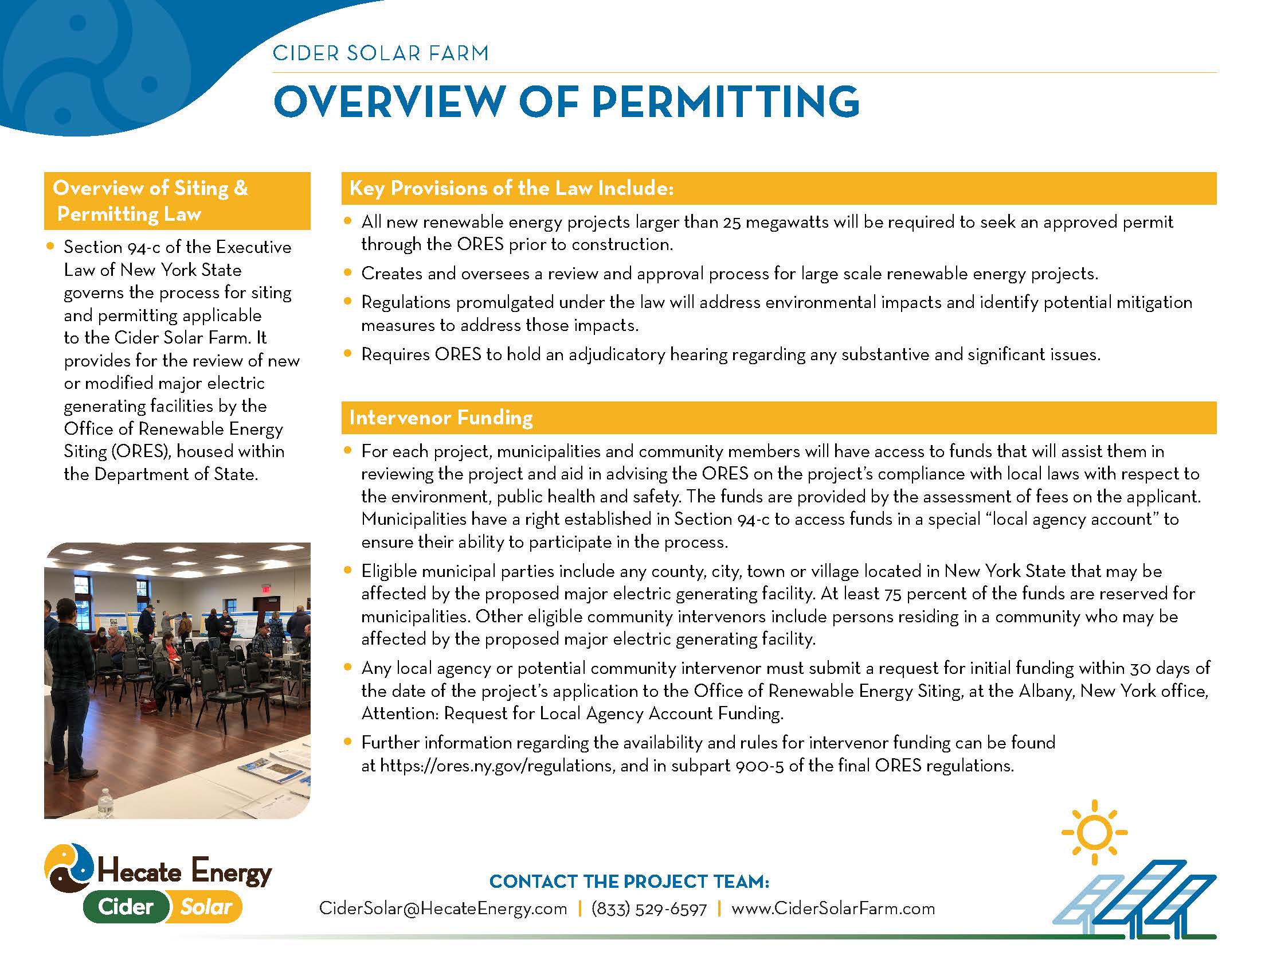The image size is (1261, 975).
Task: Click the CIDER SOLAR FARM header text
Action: click(x=381, y=53)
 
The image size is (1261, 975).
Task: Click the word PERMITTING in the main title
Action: click(x=725, y=102)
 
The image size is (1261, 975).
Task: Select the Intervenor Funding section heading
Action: click(x=441, y=418)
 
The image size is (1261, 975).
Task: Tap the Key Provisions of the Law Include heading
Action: click(x=511, y=188)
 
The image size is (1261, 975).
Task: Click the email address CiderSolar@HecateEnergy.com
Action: click(x=443, y=908)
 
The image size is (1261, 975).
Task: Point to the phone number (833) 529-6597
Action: click(x=649, y=909)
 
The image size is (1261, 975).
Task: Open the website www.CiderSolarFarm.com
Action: click(x=833, y=908)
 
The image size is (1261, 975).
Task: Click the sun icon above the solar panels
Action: click(x=1094, y=832)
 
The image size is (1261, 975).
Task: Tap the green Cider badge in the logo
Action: click(x=126, y=907)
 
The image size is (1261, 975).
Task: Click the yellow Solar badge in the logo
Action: click(x=206, y=907)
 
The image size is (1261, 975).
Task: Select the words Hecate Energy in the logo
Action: click(x=183, y=872)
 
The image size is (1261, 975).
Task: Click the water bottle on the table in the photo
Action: click(x=104, y=802)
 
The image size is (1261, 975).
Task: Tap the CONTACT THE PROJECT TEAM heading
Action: click(x=629, y=882)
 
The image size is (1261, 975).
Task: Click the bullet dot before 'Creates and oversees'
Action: click(x=347, y=272)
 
